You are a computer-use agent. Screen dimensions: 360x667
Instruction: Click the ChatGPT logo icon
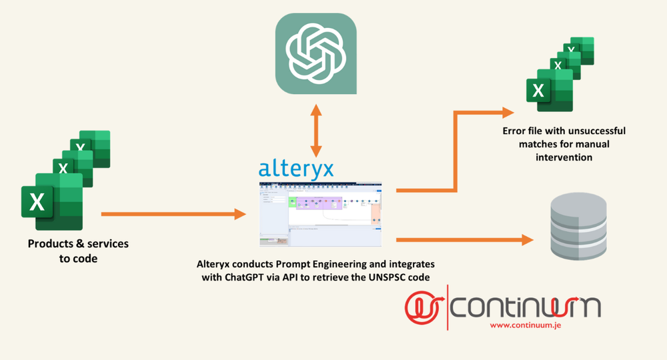tap(315, 53)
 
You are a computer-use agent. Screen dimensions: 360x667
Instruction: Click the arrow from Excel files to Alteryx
tap(173, 215)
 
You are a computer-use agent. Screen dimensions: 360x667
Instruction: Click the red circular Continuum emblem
tap(424, 305)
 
